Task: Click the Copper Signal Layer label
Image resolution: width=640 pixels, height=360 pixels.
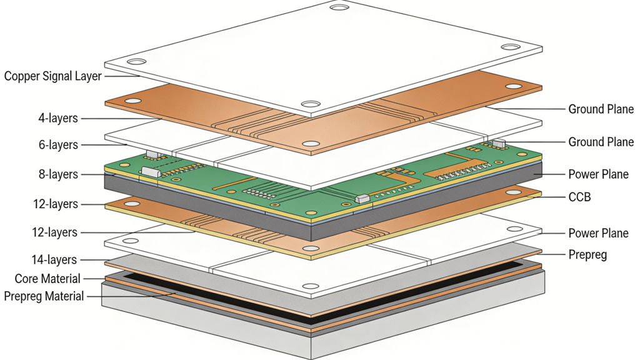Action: (x=52, y=76)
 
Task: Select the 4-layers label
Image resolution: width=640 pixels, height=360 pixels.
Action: (x=58, y=117)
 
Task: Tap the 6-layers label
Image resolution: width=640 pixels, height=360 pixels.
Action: (x=58, y=145)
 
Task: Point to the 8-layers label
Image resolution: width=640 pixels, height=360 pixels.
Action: (x=58, y=174)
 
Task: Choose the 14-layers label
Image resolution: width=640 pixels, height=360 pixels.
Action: (x=54, y=259)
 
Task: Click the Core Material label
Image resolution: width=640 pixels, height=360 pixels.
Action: (x=47, y=279)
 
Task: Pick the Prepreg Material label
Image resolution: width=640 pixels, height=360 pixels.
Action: (x=44, y=296)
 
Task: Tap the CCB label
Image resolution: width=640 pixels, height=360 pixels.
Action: (x=579, y=197)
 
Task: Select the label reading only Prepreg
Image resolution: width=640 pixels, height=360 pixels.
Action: (x=587, y=254)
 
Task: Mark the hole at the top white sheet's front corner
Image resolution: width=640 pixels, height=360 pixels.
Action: (x=310, y=104)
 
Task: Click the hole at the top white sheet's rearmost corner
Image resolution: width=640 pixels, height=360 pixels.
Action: (x=339, y=8)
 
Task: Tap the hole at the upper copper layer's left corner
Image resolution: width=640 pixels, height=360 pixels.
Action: (x=132, y=101)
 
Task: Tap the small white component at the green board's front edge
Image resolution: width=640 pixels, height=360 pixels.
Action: (x=362, y=198)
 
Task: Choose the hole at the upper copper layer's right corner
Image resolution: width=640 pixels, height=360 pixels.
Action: (x=513, y=86)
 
